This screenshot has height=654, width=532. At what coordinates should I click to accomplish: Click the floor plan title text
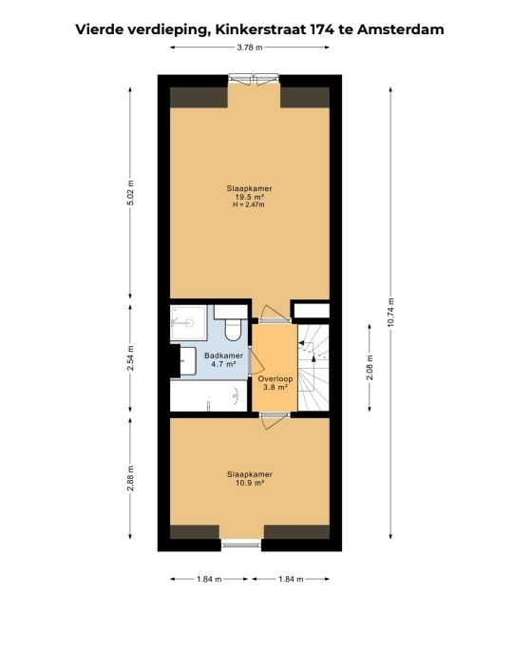point(258,29)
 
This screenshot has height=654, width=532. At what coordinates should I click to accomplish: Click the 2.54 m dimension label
point(131,359)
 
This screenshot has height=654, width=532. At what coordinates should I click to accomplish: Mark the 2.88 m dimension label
point(131,478)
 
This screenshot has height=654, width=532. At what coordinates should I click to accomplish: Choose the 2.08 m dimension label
point(370,365)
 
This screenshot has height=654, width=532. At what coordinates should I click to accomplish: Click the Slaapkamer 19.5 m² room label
point(250,193)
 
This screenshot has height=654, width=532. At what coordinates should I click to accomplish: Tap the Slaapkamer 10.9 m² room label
point(250,478)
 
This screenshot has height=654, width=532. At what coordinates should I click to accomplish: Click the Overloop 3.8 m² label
point(275,382)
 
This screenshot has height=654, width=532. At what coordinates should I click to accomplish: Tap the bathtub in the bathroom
point(209,396)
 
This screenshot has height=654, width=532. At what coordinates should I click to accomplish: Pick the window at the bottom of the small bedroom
point(240,545)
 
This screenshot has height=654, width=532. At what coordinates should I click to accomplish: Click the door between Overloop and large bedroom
point(274,317)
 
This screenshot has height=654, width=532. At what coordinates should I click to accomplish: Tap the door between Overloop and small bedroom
point(274,414)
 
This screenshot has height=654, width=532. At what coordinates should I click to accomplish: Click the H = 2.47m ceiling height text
point(250,204)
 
